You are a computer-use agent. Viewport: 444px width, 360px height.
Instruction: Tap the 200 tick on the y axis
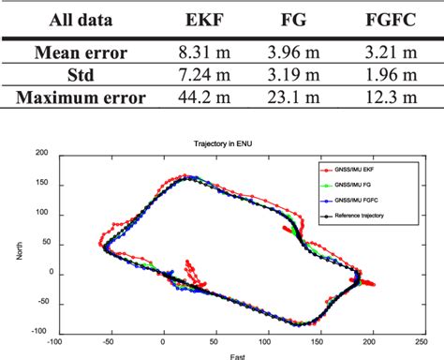click(40, 152)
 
